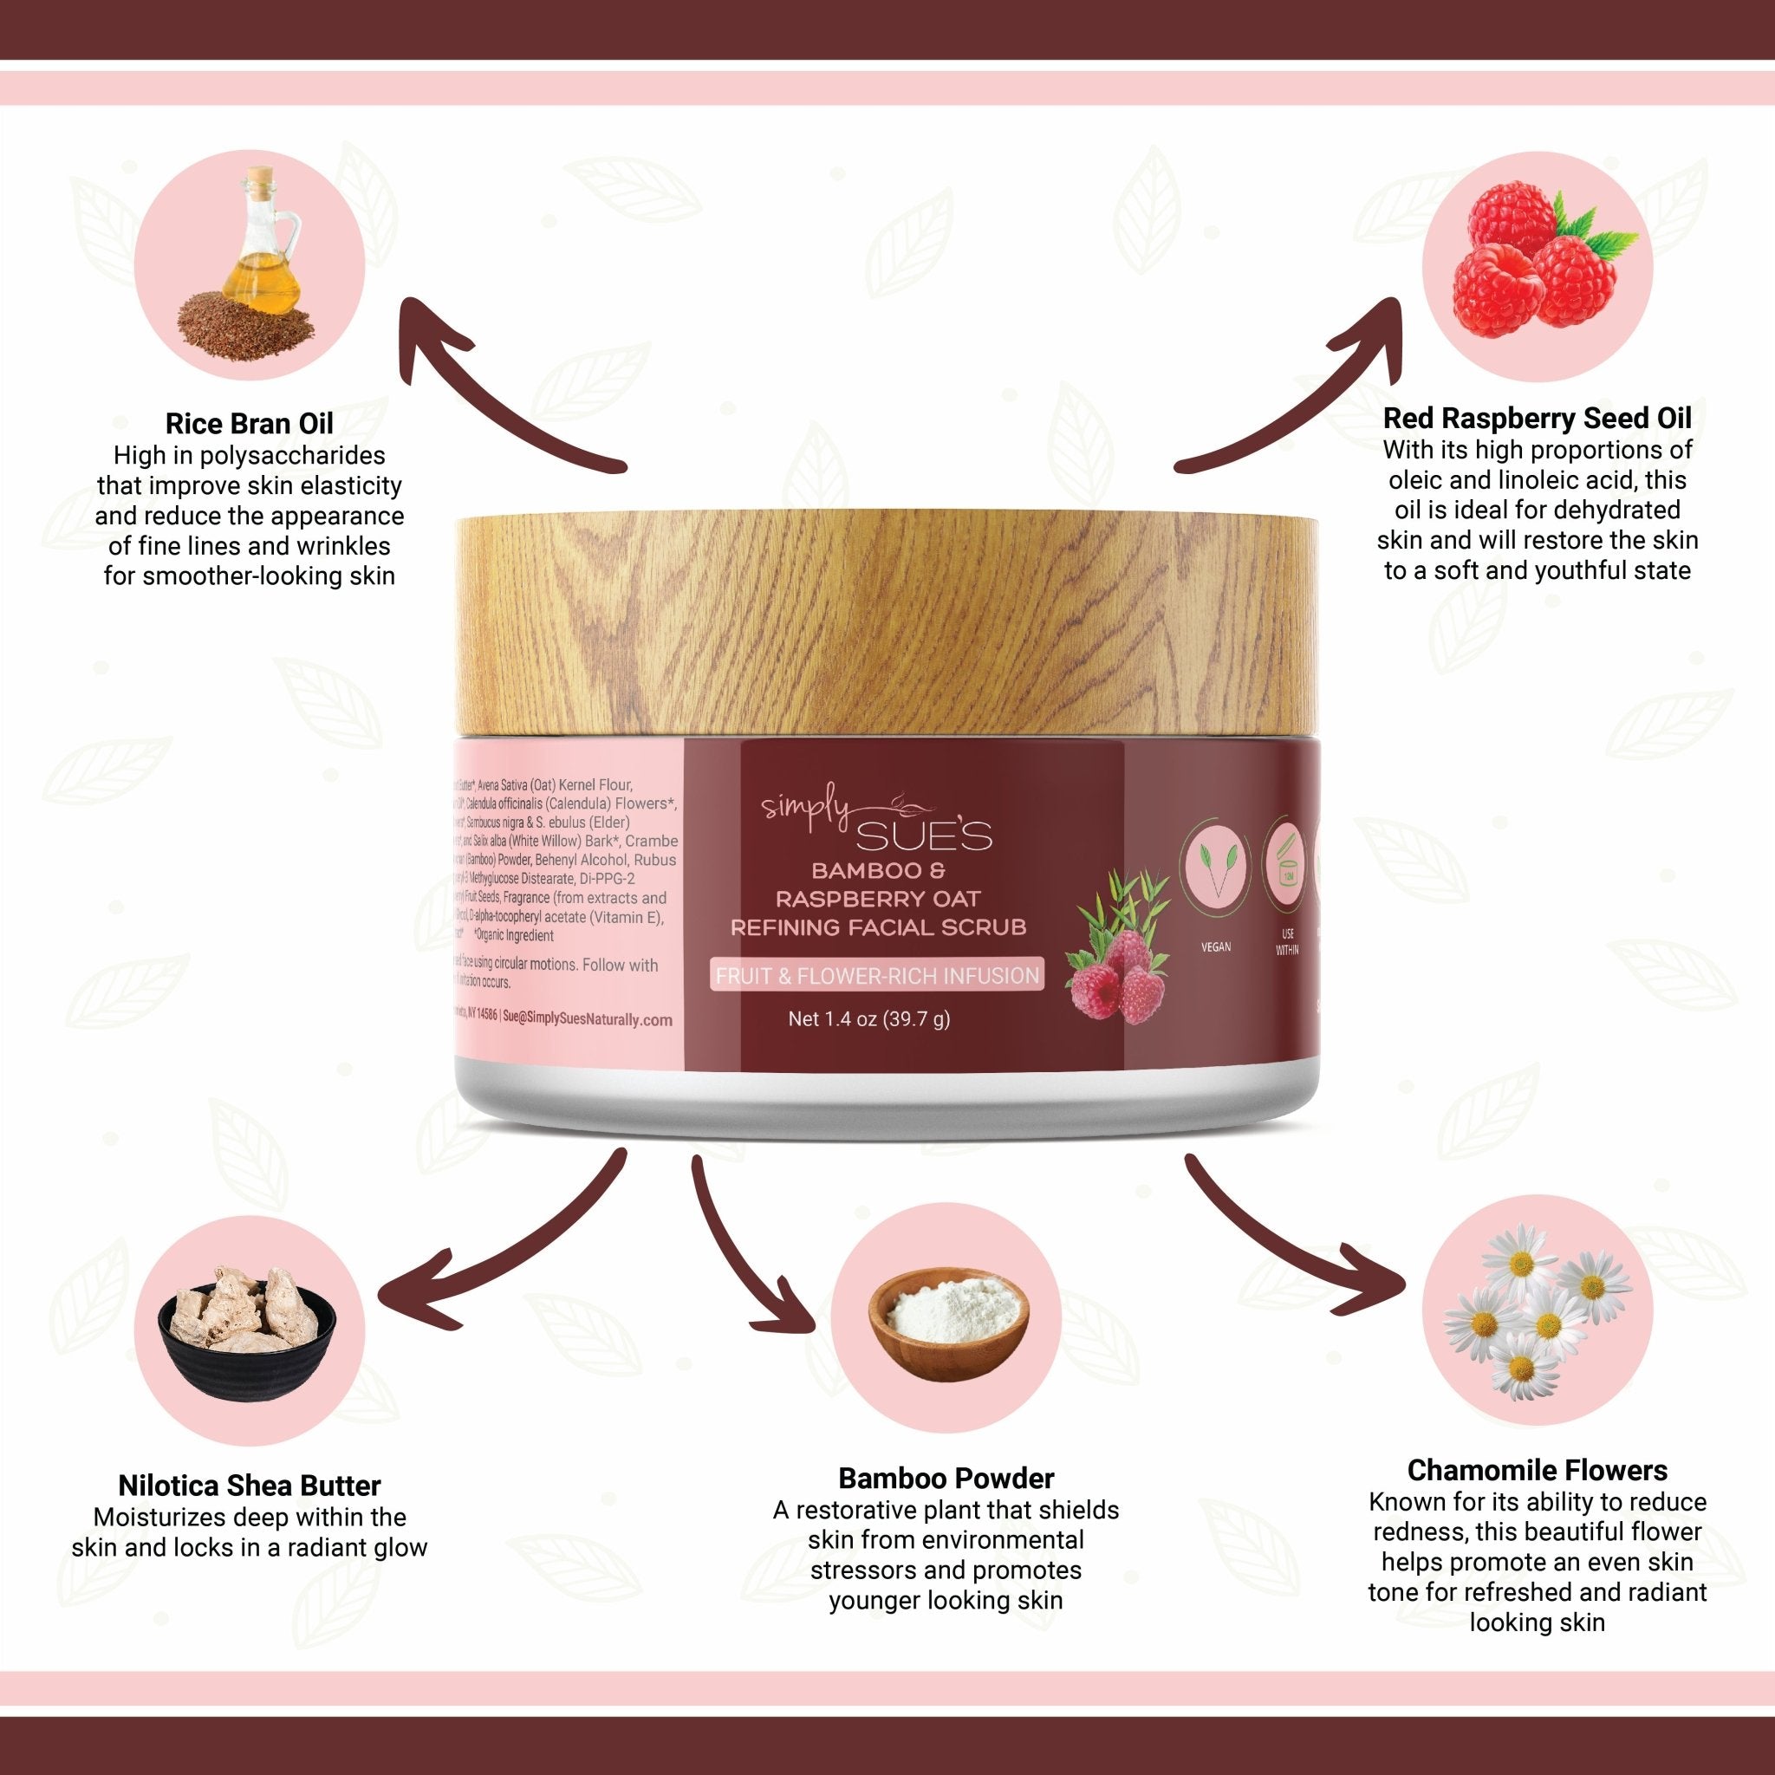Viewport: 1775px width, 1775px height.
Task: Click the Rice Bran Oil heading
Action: pyautogui.click(x=249, y=424)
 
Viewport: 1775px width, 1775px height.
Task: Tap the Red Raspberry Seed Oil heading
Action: pyautogui.click(x=1537, y=419)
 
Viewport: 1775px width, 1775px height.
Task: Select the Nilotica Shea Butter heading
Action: pyautogui.click(x=249, y=1486)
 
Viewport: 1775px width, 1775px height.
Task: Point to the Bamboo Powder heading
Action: pyautogui.click(x=946, y=1479)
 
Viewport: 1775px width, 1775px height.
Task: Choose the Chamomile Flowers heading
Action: pyautogui.click(x=1537, y=1470)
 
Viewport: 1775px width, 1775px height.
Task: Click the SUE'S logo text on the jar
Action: pyautogui.click(x=924, y=837)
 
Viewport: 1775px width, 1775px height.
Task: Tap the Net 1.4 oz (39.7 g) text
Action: pyautogui.click(x=869, y=1019)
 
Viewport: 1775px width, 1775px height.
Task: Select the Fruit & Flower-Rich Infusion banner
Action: pyautogui.click(x=877, y=976)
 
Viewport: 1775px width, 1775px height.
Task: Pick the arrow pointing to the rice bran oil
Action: pyautogui.click(x=496, y=395)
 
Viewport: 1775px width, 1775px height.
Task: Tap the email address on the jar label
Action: pyautogui.click(x=588, y=1019)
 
